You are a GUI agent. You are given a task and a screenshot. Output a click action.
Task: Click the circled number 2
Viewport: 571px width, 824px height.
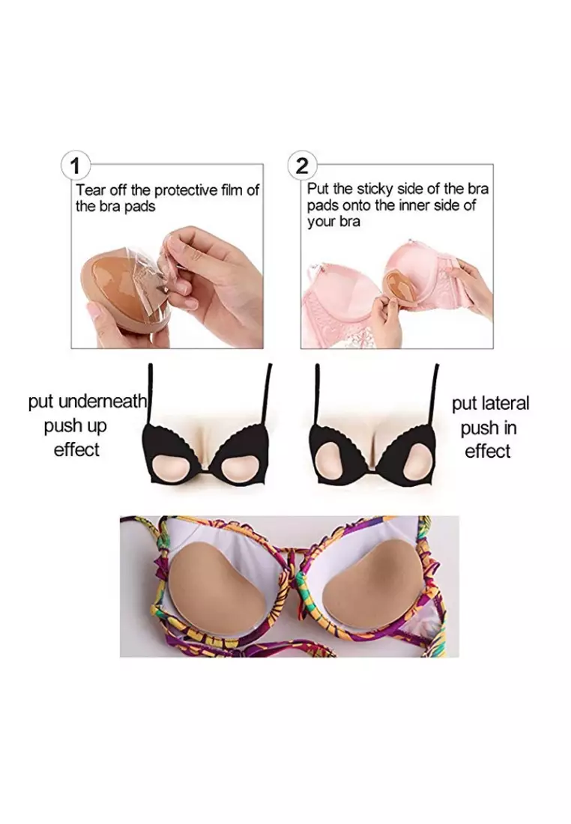point(301,164)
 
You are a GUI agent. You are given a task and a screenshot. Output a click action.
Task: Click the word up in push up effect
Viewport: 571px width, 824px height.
point(97,426)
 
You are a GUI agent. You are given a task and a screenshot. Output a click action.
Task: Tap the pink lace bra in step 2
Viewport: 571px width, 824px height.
point(352,300)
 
